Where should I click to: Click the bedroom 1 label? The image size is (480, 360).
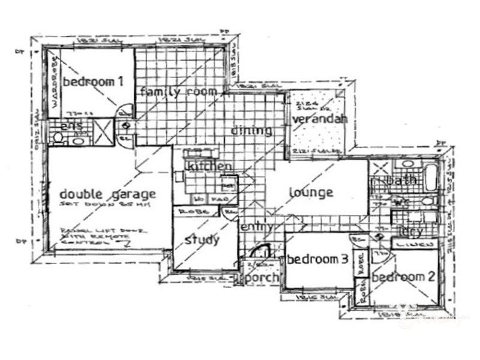click(x=93, y=82)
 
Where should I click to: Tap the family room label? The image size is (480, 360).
click(x=178, y=92)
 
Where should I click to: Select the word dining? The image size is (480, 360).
click(x=251, y=130)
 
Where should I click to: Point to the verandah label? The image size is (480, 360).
click(x=320, y=119)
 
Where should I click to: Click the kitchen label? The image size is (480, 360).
click(x=209, y=166)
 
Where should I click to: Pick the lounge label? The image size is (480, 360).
click(x=311, y=193)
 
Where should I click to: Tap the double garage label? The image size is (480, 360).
click(x=108, y=194)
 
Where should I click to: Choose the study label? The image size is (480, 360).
click(x=202, y=240)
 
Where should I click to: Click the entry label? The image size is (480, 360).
click(x=258, y=227)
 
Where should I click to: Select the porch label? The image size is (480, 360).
click(x=263, y=277)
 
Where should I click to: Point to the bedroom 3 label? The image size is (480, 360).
click(x=317, y=259)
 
